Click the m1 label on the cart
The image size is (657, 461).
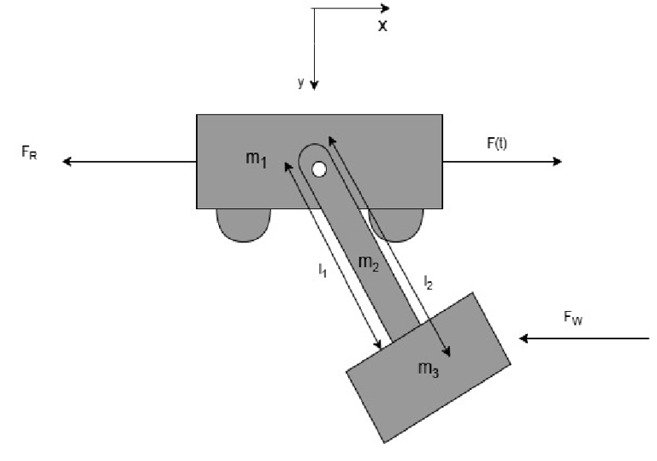coord(256,159)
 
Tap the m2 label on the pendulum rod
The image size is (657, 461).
coord(369,264)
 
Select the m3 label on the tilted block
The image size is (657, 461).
coord(429,369)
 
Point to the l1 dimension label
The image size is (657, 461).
coord(323,270)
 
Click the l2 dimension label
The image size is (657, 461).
coord(428,283)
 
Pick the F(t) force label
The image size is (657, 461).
coord(497,144)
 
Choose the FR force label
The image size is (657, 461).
coord(29,152)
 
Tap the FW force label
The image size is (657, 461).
coord(573,318)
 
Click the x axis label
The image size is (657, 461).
coord(382,27)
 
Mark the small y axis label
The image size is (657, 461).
coord(301,82)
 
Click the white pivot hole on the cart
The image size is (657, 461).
coord(319,170)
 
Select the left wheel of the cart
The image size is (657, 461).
coord(244,225)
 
